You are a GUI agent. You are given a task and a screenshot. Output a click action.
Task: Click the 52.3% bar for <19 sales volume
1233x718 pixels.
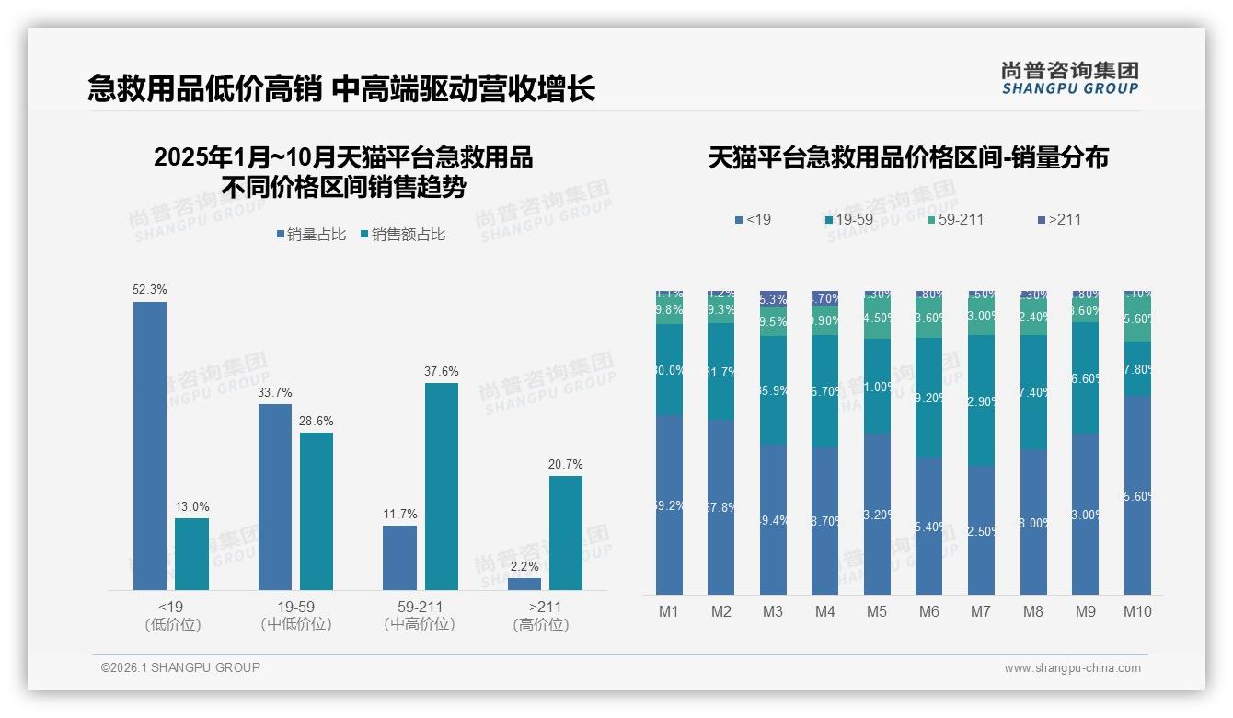coord(150,446)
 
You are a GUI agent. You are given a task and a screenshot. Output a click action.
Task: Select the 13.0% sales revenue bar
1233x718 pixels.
coord(191,553)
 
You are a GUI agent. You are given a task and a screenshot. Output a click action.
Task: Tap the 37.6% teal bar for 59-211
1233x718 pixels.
coord(441,486)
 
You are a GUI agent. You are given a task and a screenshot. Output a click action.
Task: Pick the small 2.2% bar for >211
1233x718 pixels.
coord(524,584)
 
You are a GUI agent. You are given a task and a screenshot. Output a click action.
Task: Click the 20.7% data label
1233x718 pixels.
coord(565,464)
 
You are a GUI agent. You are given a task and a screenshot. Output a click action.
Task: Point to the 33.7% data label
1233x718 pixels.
coord(275,392)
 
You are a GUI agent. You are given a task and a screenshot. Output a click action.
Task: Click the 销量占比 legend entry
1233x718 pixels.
coord(311,235)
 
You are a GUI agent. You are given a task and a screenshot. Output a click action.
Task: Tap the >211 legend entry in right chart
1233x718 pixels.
coord(1059,219)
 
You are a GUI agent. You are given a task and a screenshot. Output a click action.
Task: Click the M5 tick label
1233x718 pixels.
coord(876,611)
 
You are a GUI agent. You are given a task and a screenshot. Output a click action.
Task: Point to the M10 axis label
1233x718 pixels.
coord(1137,611)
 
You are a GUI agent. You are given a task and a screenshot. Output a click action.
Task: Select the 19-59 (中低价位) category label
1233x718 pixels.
coord(295,615)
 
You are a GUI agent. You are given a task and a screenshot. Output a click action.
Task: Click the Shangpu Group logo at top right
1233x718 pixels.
coord(1069,77)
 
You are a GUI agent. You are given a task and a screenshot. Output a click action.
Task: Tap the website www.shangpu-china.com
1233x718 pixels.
coord(1072,668)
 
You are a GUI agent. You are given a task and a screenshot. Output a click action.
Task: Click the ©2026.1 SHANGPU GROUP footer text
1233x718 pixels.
coord(180,667)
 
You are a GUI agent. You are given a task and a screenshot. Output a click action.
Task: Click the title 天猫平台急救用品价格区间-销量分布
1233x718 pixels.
coord(908,157)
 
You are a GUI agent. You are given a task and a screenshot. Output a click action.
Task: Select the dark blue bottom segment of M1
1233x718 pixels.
coord(669,504)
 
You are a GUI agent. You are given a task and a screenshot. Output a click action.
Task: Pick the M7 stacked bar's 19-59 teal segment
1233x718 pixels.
coord(981,400)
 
